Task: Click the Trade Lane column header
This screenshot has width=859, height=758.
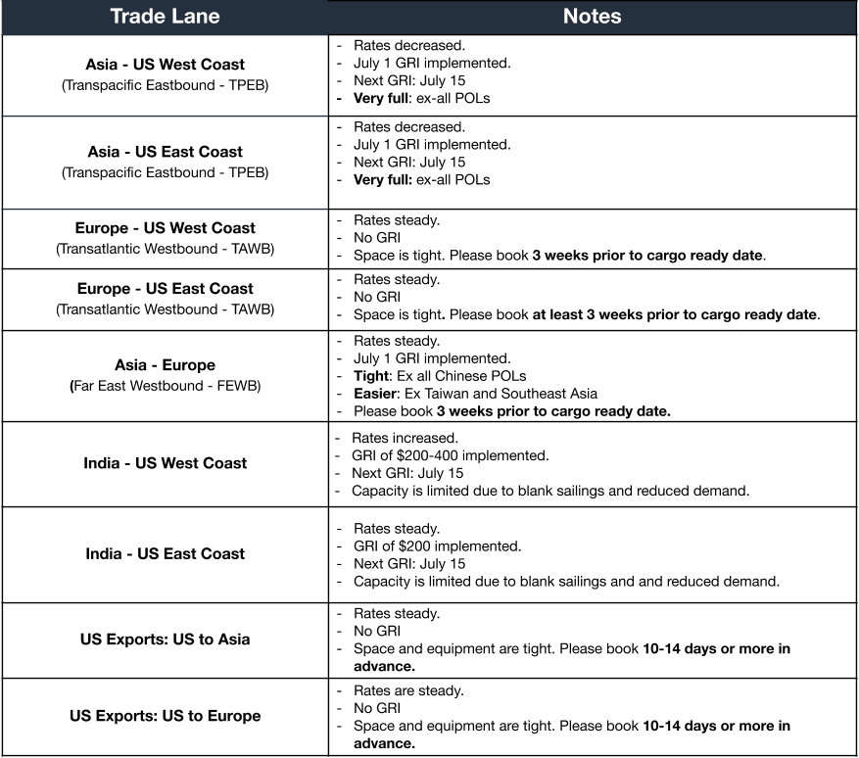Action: point(165,17)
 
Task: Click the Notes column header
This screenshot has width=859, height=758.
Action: point(592,17)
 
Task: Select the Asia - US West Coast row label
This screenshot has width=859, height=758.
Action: point(165,65)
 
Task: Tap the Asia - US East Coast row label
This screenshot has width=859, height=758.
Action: point(165,152)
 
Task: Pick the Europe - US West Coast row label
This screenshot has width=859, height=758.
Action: point(165,228)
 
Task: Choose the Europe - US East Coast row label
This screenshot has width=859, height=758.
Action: point(165,289)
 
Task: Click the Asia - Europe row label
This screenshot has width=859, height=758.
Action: point(165,365)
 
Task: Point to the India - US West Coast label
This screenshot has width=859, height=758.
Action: point(165,463)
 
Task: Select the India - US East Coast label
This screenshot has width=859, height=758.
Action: point(165,553)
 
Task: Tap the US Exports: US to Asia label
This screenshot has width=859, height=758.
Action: point(165,640)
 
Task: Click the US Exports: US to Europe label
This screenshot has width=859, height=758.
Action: point(165,716)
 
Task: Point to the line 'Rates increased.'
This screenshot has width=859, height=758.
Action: point(405,438)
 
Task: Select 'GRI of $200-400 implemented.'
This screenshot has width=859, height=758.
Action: point(450,455)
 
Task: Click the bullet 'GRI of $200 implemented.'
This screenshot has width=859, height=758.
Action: point(437,545)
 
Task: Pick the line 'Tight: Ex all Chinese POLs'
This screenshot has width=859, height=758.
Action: point(439,376)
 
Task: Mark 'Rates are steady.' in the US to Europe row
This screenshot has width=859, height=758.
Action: point(408,690)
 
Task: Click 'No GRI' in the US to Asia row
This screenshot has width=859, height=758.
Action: point(377,632)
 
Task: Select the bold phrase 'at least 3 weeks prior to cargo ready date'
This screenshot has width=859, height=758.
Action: point(674,314)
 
